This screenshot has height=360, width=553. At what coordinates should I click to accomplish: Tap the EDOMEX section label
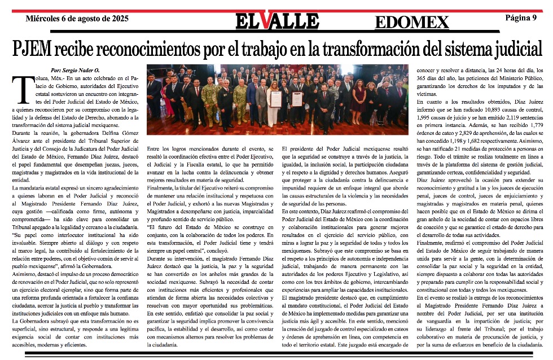[411, 22]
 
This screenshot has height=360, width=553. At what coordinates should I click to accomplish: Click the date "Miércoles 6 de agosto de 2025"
[77, 18]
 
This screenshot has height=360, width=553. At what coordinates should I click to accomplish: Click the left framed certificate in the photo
[275, 98]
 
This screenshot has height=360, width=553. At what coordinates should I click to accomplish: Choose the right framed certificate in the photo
[297, 98]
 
